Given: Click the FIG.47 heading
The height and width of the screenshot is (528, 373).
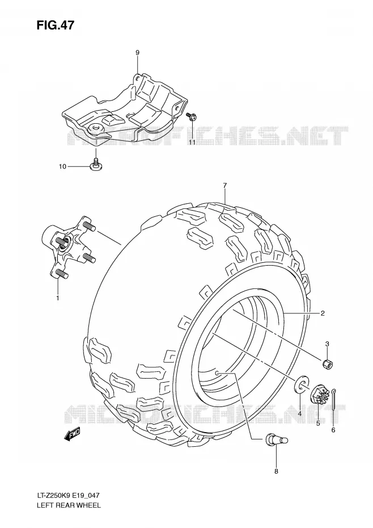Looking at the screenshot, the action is click(55, 25).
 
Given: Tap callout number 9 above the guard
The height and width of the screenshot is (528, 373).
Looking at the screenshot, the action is click(137, 53).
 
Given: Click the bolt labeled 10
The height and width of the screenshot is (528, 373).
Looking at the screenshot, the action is click(96, 164).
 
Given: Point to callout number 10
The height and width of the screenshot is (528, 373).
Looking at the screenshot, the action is click(63, 166).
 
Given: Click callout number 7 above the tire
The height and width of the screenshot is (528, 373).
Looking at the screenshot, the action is click(224, 185).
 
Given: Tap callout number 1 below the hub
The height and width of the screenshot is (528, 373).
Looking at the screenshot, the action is click(57, 297).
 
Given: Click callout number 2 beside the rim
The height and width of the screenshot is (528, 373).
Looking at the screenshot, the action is click(322, 313).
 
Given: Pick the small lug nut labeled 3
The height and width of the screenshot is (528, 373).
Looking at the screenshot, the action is click(327, 364).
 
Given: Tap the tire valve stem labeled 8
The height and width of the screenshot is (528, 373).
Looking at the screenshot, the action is click(277, 439).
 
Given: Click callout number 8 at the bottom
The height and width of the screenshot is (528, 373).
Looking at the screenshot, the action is click(276, 471).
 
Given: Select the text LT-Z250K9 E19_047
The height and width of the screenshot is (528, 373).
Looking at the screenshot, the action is click(68, 495).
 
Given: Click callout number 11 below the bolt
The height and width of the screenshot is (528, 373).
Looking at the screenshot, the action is click(192, 143).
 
